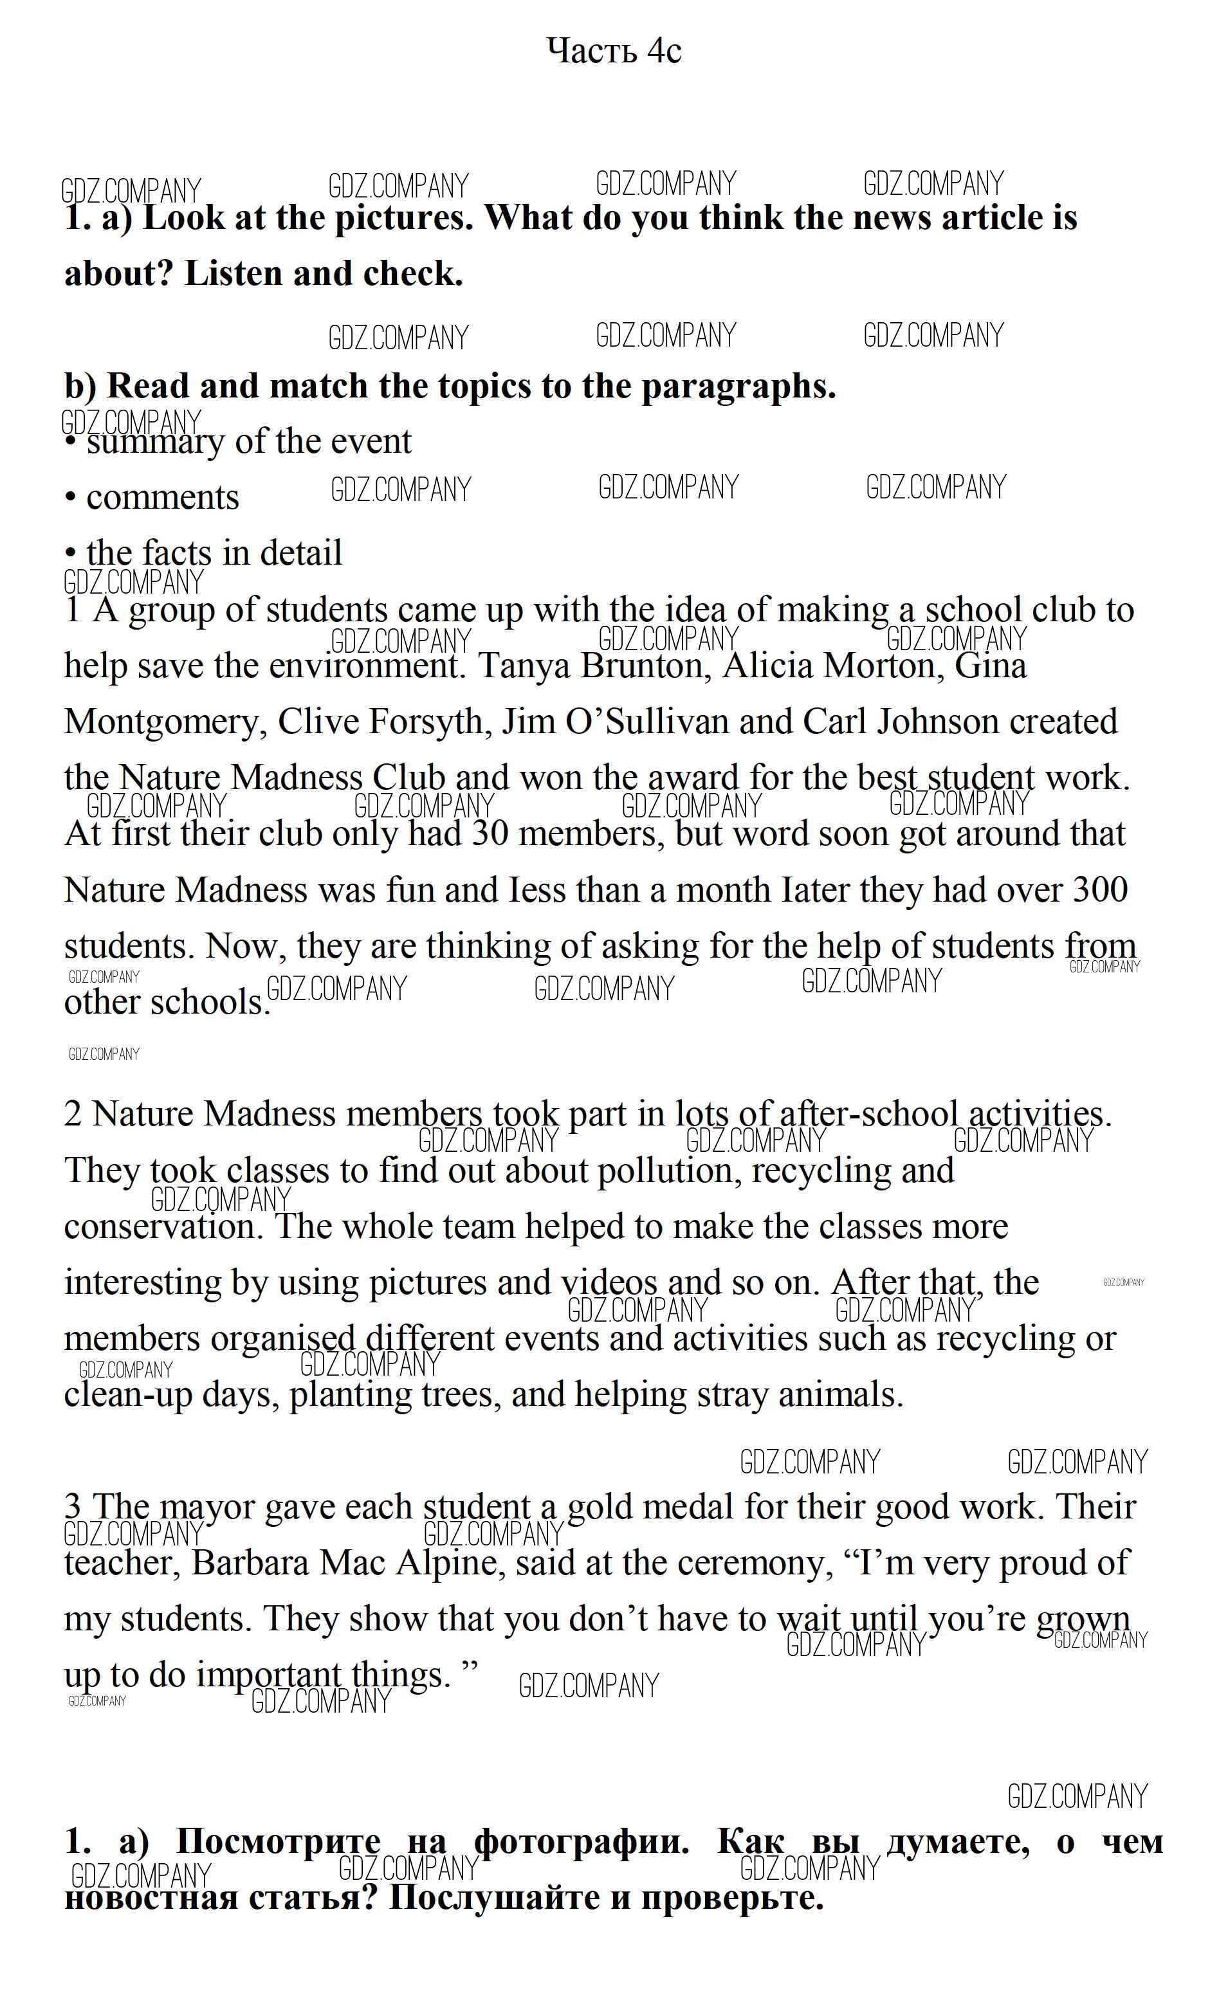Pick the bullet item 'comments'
[x=162, y=498]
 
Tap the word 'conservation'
[x=163, y=1227]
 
